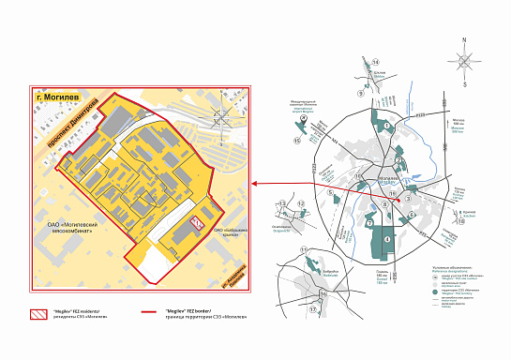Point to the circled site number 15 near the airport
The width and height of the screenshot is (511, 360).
coord(297,141)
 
